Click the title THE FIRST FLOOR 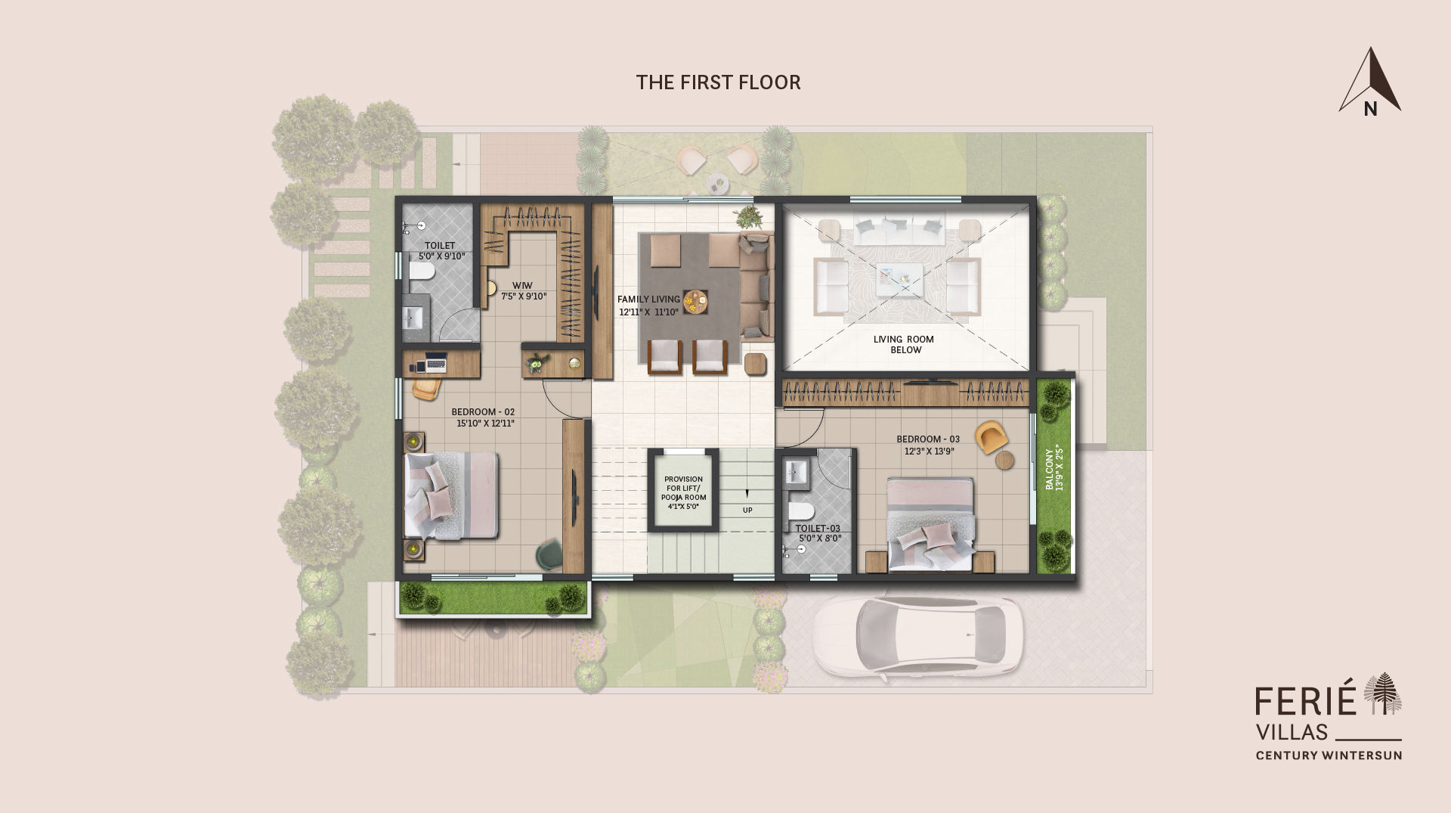(x=718, y=82)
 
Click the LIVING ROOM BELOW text (x=905, y=344)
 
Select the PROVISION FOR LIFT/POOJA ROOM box (x=683, y=492)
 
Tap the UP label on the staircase (x=747, y=510)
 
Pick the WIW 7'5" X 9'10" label (x=523, y=291)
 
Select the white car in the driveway (x=917, y=635)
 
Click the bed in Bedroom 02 (x=452, y=495)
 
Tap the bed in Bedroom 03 (x=930, y=523)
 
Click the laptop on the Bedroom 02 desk (x=435, y=364)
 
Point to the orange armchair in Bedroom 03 (x=991, y=437)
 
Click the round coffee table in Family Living (x=695, y=302)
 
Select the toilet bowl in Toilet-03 (x=801, y=510)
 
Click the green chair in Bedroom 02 (x=549, y=555)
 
